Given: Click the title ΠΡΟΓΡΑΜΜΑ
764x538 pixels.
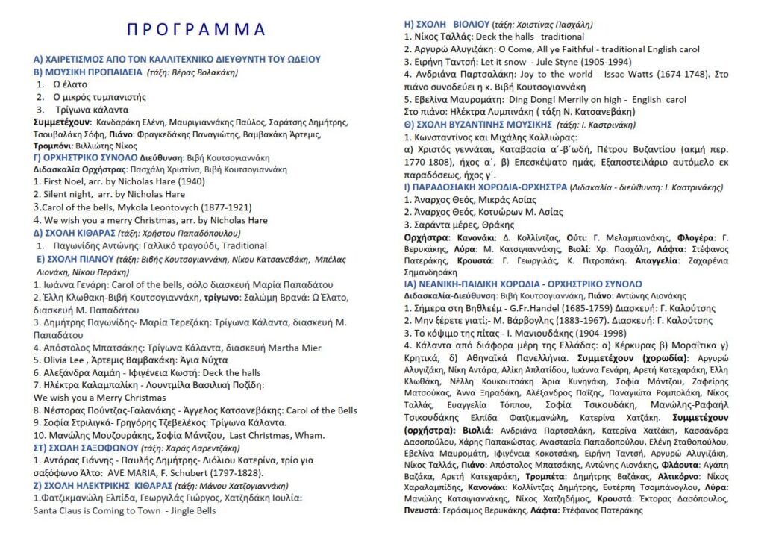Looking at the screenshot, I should pos(196,30).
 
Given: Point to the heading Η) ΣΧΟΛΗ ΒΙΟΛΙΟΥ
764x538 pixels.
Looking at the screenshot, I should pos(446,24).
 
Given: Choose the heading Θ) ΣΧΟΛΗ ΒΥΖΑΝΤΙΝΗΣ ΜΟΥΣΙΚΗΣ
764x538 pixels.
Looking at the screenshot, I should pos(477,123).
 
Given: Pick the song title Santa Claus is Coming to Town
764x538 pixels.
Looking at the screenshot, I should pos(97,511).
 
